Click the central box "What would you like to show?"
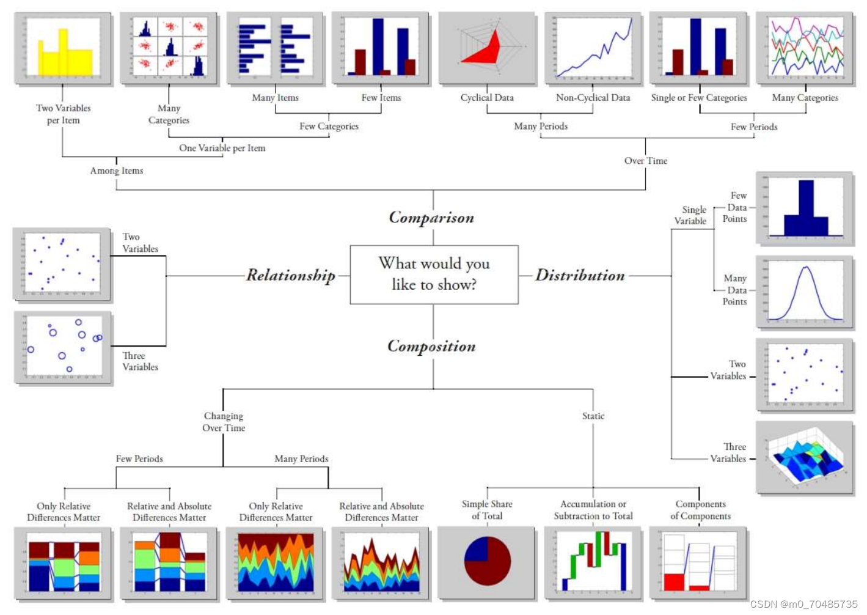[434, 274]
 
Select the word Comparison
[431, 218]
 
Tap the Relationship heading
[291, 276]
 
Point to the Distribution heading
[580, 276]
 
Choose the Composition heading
[431, 347]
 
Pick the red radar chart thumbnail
[487, 48]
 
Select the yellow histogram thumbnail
[64, 48]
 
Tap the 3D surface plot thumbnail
[805, 457]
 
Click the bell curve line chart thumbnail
[805, 292]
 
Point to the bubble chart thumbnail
[63, 347]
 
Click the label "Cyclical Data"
[487, 98]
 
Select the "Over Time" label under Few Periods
[646, 161]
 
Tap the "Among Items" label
[117, 171]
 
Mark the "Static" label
[593, 416]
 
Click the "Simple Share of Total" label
[487, 510]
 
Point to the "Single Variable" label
[690, 215]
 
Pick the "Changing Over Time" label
[224, 422]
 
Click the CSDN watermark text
[803, 604]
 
